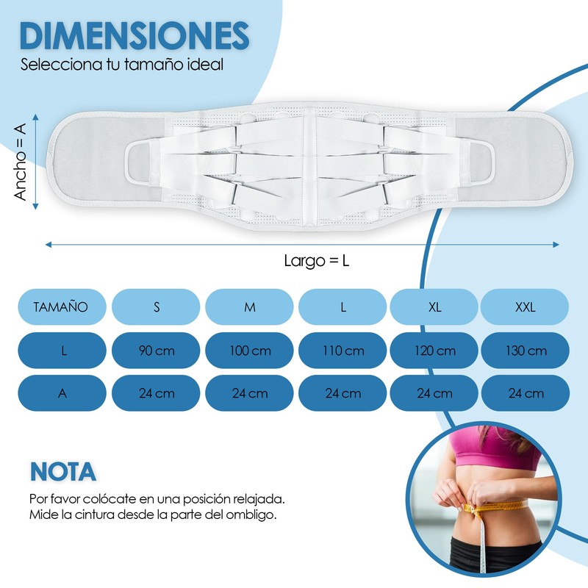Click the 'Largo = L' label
(x=316, y=260)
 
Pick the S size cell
(x=156, y=307)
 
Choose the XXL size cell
(x=525, y=307)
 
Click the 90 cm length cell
(x=156, y=351)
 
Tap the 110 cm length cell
(x=343, y=351)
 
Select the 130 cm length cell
(x=525, y=351)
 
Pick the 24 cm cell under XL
(x=434, y=393)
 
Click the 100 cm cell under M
(x=250, y=351)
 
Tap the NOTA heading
(x=62, y=470)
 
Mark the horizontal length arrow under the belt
(x=301, y=244)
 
